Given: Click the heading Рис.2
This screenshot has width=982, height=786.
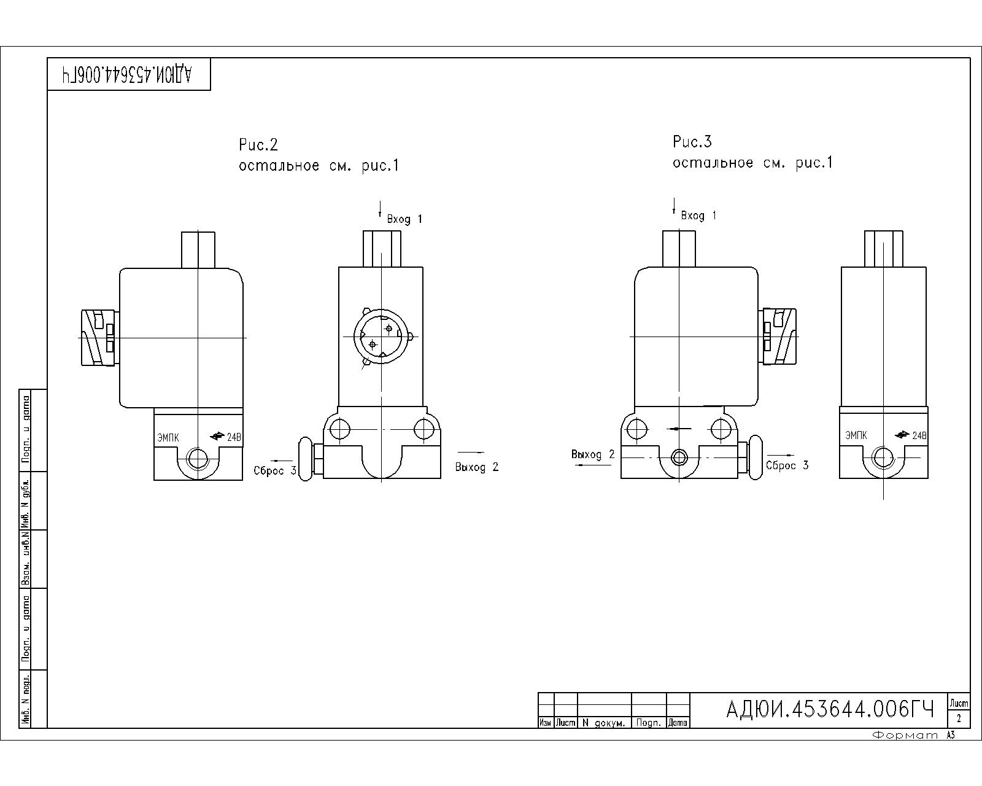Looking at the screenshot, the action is click(x=258, y=145).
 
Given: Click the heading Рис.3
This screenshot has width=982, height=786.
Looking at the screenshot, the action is click(x=692, y=142).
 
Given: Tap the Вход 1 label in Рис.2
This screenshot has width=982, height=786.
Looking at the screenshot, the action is click(x=404, y=219).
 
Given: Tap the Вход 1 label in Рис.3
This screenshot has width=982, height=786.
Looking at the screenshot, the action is click(x=698, y=216).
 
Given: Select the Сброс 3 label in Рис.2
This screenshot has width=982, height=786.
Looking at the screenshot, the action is click(x=275, y=470).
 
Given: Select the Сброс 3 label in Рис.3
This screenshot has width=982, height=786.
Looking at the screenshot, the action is click(x=787, y=465).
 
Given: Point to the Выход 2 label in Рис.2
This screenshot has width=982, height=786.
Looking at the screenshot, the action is click(x=477, y=467).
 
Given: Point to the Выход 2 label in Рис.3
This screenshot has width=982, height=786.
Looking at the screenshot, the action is click(x=593, y=454).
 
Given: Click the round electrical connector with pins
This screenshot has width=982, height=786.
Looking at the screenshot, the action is click(x=381, y=337).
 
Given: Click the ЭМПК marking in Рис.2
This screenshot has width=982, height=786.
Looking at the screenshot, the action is click(x=168, y=438).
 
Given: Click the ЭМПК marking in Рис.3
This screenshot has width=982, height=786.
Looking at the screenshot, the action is click(x=856, y=435).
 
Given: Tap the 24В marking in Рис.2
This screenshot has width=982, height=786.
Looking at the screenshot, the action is click(x=234, y=437).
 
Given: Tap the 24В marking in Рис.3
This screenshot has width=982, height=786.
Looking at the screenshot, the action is click(x=919, y=435).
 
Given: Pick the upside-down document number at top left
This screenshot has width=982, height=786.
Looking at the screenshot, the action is click(x=127, y=74).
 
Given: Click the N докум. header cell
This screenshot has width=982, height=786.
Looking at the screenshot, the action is click(x=604, y=723).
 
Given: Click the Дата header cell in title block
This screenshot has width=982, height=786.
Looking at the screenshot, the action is click(x=678, y=723).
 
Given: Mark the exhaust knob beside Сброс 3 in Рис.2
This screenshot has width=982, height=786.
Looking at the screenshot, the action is click(x=306, y=459).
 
